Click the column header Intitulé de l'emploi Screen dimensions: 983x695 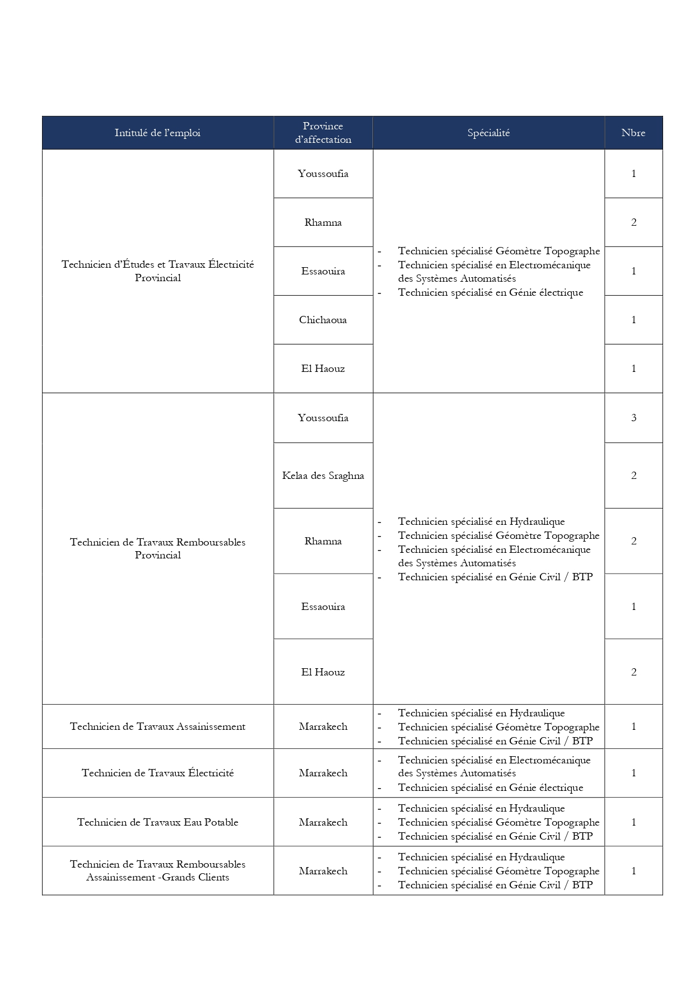pos(157,133)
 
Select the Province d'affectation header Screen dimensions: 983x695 pos(323,133)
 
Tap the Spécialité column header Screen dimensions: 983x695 pos(488,133)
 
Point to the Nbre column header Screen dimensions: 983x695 pos(633,133)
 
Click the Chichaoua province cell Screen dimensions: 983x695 pos(323,320)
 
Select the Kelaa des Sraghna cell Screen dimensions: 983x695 pos(323,476)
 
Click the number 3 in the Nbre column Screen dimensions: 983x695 pos(633,418)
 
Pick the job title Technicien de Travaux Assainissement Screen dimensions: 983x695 pos(157,726)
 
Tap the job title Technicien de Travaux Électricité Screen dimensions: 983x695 pos(157,773)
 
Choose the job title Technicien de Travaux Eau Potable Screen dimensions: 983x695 pos(157,822)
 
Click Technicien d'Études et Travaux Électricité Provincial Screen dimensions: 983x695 pos(157,271)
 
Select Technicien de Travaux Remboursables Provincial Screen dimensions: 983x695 pos(157,548)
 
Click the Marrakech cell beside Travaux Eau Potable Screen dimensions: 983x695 pos(323,822)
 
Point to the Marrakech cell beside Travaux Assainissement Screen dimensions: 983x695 pos(323,726)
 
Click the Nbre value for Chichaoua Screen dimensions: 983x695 pos(633,320)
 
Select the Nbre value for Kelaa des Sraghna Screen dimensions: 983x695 pos(633,476)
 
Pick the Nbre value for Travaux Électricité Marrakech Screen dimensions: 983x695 pos(633,773)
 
